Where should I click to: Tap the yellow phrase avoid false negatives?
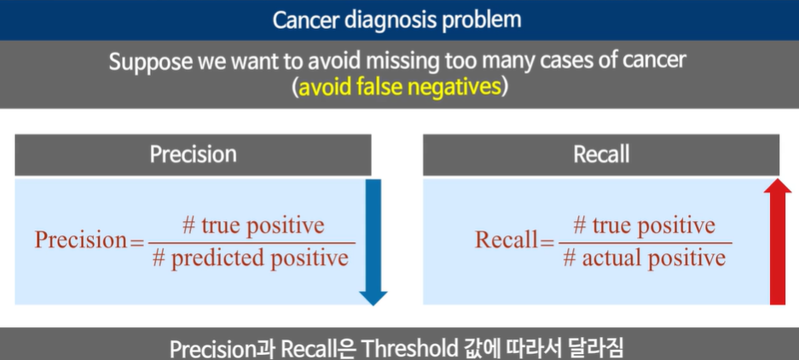pos(398,87)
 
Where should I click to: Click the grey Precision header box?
pos(193,154)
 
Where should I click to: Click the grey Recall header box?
pos(601,154)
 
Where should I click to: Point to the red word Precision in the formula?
pos(80,240)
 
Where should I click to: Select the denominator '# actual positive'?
pos(644,258)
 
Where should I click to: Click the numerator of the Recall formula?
pos(644,225)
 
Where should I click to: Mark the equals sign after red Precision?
pos(137,241)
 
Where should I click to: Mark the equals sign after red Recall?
pos(547,241)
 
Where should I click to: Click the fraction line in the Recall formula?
pos(645,242)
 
